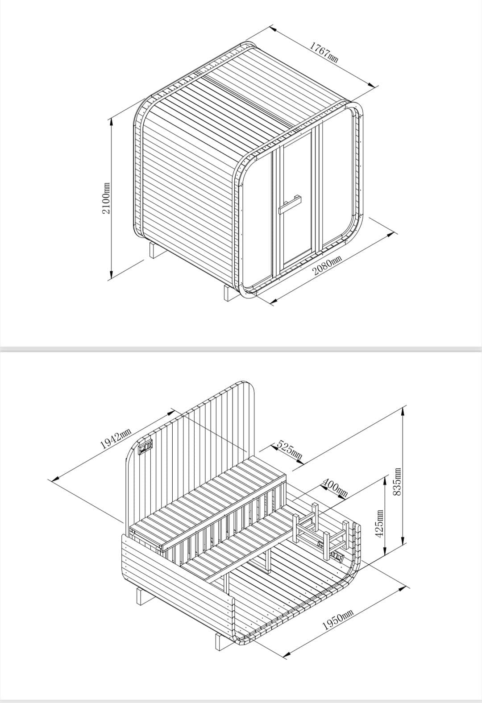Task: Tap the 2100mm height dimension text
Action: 106,198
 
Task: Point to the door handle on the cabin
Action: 290,203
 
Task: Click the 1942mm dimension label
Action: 115,438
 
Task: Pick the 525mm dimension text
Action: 290,451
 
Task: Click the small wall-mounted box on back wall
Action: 145,447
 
